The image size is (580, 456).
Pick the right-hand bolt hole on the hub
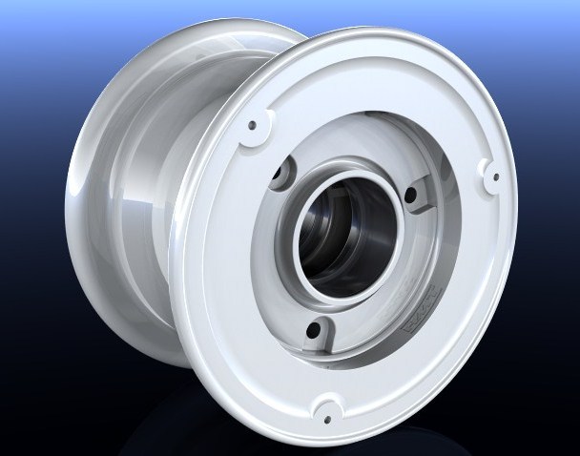[x=411, y=197]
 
